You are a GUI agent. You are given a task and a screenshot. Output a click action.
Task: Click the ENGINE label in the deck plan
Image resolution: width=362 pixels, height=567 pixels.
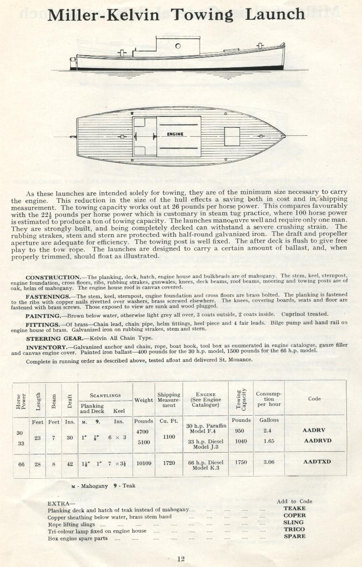[175, 134]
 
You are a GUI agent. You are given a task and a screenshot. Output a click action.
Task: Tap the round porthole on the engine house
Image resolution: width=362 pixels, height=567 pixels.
[178, 46]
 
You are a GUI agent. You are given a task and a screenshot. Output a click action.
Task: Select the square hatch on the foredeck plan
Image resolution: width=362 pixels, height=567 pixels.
[232, 136]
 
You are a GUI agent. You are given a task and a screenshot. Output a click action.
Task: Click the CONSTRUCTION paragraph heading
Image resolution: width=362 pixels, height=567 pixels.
[53, 278]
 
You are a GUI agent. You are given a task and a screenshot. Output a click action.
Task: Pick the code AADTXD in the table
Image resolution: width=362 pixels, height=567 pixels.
[317, 462]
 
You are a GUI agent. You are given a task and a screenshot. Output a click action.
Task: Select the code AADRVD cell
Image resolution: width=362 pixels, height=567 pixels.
[318, 441]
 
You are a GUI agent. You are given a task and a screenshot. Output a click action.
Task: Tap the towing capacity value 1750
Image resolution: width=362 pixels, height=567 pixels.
[241, 462]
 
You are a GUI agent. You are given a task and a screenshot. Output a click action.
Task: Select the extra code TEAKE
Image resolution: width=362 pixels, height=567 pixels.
[294, 508]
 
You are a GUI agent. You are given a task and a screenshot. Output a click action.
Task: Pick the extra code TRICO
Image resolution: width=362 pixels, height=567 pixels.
[294, 529]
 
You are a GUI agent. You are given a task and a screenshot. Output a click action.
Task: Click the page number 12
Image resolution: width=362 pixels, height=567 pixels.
[181, 559]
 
